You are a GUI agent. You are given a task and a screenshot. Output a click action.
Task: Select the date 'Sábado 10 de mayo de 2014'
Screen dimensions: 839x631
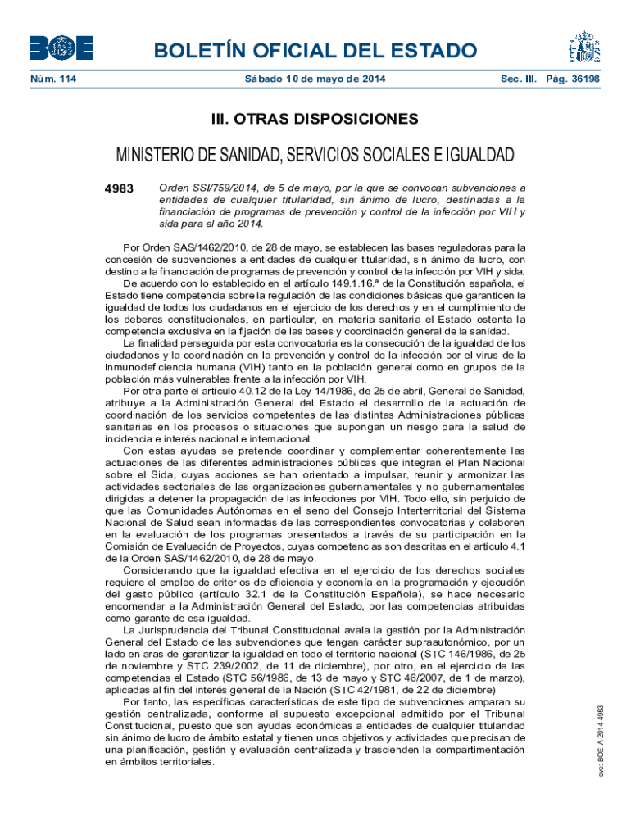coord(315,79)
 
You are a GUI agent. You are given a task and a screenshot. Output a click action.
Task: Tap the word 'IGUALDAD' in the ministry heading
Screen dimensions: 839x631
coord(477,156)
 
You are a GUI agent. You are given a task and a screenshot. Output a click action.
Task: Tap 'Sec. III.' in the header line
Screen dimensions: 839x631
coord(522,79)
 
